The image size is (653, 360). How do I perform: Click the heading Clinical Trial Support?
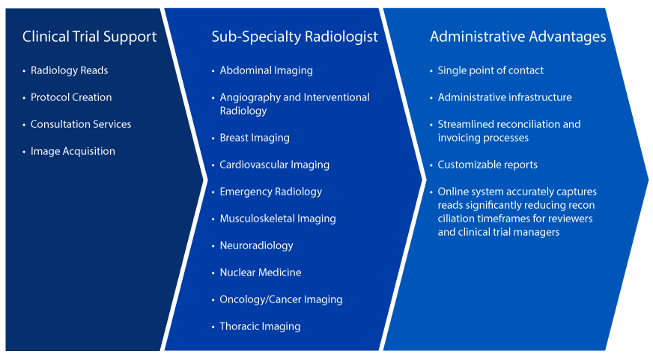pos(89,37)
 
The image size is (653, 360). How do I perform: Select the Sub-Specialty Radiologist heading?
pos(294,37)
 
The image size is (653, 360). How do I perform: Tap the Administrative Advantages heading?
pos(517,37)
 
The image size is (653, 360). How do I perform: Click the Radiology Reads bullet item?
pos(69,70)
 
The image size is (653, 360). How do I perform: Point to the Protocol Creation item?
pos(71,97)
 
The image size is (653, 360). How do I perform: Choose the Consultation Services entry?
pos(81,124)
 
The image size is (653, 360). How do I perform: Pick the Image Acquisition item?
pos(73,151)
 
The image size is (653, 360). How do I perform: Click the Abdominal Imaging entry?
pos(266,70)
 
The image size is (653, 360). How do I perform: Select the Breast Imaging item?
pos(254,138)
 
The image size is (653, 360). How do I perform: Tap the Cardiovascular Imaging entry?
pos(274,165)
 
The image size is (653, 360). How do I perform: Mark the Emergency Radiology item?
pos(270,192)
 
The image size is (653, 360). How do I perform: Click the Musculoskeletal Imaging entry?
pos(277,219)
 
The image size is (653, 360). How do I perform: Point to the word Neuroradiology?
pos(256,245)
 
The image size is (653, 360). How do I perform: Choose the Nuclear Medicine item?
pos(260,272)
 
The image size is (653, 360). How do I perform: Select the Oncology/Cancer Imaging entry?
pos(281,299)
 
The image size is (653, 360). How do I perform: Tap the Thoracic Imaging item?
pos(260,326)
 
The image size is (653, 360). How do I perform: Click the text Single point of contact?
pos(490,70)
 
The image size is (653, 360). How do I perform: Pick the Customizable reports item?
pos(488,165)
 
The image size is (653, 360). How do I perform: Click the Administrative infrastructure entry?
pos(504,97)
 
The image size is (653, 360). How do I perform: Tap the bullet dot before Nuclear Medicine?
pos(213,273)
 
